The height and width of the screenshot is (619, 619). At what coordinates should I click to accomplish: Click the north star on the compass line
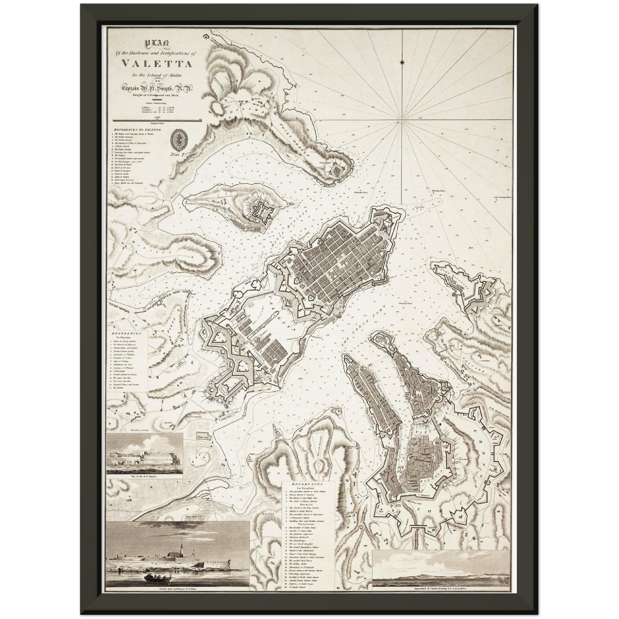402,63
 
